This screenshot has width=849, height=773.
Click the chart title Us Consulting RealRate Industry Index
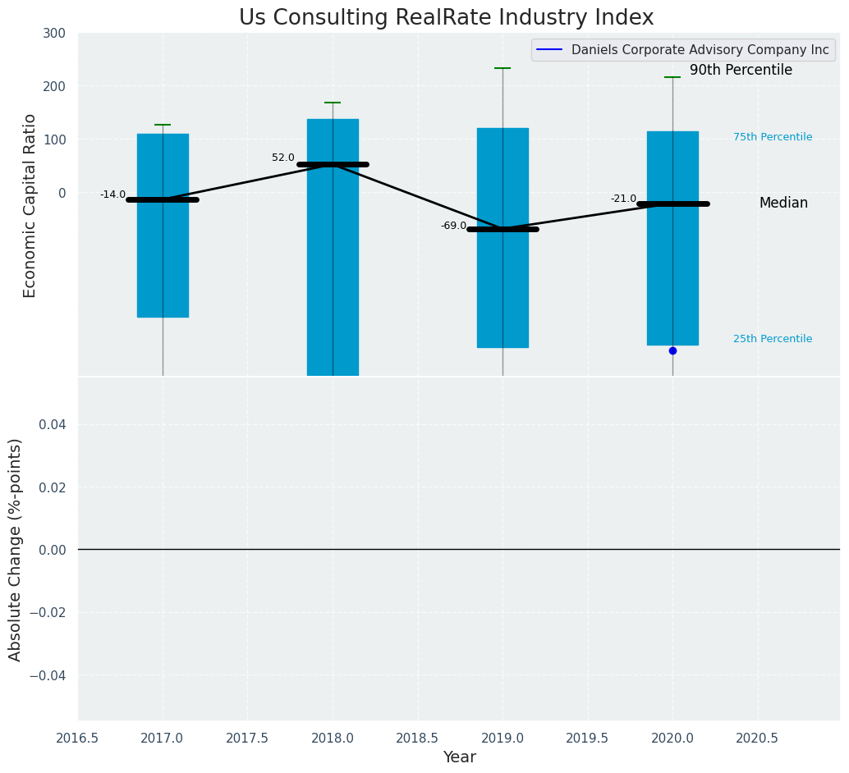point(446,18)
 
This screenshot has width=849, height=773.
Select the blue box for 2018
point(333,271)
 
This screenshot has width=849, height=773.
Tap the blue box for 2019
point(503,287)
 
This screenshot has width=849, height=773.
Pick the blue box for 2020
point(672,279)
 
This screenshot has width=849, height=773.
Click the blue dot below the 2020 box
point(672,350)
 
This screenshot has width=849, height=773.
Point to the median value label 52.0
point(283,158)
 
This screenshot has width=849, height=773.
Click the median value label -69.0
point(453,226)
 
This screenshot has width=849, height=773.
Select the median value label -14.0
point(113,194)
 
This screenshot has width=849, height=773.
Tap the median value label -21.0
point(623,199)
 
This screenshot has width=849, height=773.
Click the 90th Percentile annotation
point(741,71)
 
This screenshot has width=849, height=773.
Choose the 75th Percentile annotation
point(773,137)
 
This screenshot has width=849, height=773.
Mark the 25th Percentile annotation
point(773,339)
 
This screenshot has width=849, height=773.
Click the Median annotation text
point(783,203)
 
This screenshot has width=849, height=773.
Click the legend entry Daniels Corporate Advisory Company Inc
point(700,50)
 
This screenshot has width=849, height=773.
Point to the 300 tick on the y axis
point(55,34)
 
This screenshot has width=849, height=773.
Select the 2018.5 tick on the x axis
point(417,739)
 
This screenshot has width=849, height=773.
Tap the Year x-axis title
point(459,757)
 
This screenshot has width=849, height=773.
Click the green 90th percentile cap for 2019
point(503,68)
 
